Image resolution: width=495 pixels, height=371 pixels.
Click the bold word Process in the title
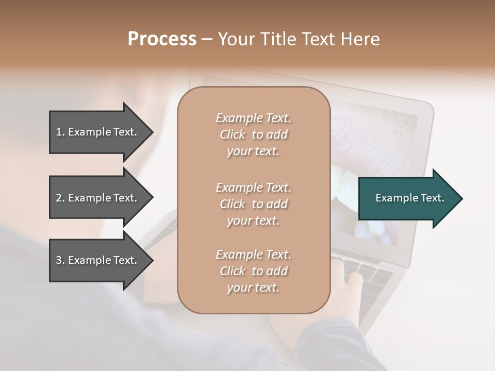coord(162,39)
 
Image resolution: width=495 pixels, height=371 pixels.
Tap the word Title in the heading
coord(278,39)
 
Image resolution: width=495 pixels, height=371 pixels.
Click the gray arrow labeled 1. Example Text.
coord(98,132)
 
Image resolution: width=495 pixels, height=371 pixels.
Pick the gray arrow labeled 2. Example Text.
coord(98,198)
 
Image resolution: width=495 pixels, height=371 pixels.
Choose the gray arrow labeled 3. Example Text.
coord(98,260)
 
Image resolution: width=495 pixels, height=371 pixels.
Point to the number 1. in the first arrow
coord(60,132)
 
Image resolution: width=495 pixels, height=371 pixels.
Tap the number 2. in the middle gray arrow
coord(60,198)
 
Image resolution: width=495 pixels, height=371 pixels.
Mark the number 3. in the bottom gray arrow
coord(60,260)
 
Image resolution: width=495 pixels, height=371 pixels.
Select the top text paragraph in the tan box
coord(253,134)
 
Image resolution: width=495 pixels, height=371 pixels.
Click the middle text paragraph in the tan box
coord(253,204)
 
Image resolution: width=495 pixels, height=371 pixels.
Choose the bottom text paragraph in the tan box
coord(253,271)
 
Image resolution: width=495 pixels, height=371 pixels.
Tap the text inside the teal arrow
coord(410,198)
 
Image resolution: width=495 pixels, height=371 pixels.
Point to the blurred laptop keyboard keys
coord(369,278)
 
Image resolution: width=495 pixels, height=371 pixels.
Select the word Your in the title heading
coord(236,39)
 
